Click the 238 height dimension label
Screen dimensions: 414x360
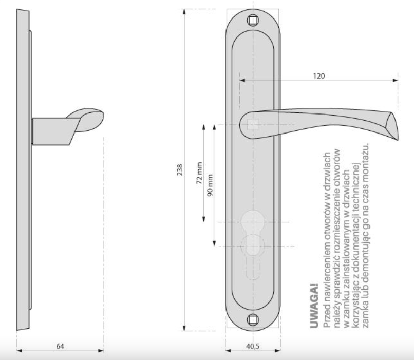tap(180, 170)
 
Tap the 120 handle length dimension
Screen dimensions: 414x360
tap(318, 76)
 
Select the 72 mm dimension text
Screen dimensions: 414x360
tap(199, 173)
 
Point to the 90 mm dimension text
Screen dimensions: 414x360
tap(210, 185)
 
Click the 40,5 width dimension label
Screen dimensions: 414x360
tap(253, 346)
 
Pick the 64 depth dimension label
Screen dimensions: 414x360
tap(60, 346)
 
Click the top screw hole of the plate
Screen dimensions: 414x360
tap(253, 21)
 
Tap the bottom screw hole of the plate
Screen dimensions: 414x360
tap(253, 320)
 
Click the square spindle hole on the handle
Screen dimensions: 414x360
tap(253, 125)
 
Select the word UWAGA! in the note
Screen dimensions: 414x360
tap(314, 306)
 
